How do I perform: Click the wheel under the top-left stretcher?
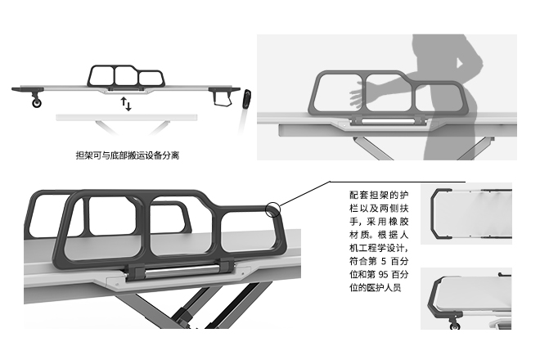click(x=36, y=102)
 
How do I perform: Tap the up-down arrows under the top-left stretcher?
click(x=125, y=104)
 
